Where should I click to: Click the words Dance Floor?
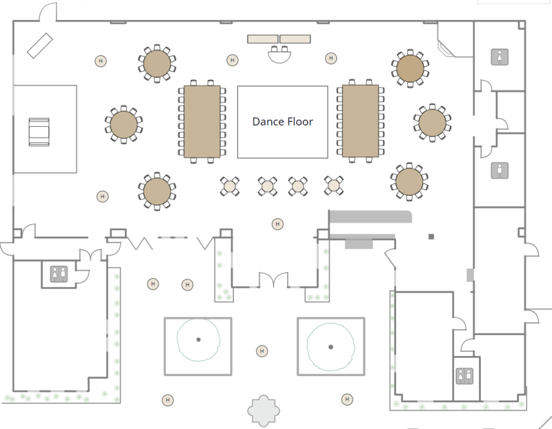coord(283,122)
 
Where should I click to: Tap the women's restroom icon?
coord(500,57)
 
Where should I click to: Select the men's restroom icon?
coord(500,170)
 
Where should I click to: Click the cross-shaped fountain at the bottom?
coord(264,410)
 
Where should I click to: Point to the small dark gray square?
coord(431,237)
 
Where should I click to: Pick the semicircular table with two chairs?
coord(279,54)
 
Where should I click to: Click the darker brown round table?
coord(410,68)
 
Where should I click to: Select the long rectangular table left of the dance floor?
coord(202,121)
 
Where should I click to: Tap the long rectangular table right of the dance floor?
coord(360,121)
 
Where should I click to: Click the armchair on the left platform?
coord(39,132)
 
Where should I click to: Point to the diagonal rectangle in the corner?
coord(40,46)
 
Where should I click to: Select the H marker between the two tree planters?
coord(262,351)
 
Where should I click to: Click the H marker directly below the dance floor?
coord(277,224)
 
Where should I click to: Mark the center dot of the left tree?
coord(199,339)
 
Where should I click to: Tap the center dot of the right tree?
coord(331,347)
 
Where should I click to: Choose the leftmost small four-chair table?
coord(230,186)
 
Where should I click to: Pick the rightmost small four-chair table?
coord(334,185)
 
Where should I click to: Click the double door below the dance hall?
coord(273,280)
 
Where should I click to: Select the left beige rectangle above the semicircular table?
coord(263,39)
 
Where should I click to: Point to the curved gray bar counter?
coord(371,217)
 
